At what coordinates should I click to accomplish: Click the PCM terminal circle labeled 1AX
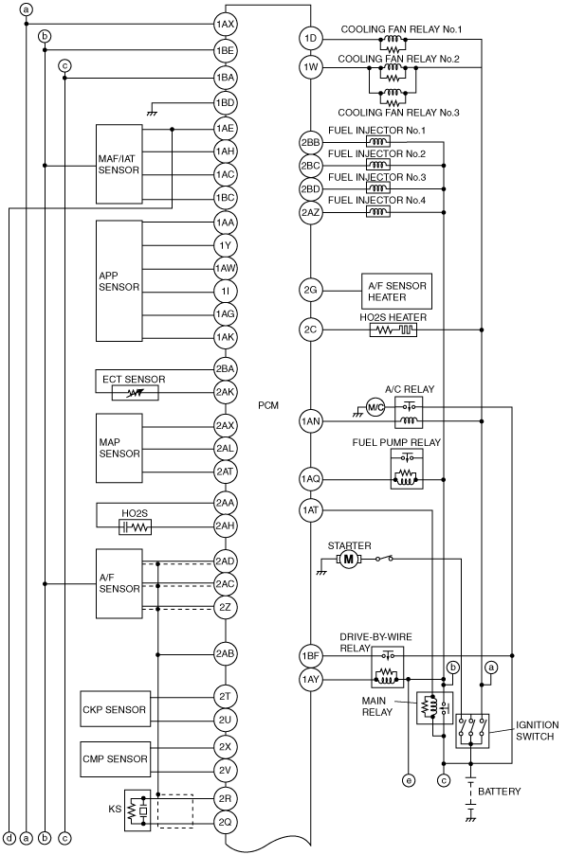pos(225,24)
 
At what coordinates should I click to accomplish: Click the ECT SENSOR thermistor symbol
pos(136,393)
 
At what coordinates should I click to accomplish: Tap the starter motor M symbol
pos(348,559)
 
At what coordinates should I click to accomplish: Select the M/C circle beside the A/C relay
pos(375,407)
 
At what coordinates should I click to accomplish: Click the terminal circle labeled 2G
pos(310,290)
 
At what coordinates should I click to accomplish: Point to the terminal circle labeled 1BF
pos(310,655)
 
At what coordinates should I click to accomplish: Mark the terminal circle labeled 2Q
pos(225,822)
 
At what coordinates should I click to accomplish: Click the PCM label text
pos(268,405)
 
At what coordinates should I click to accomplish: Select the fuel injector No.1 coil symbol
pos(377,142)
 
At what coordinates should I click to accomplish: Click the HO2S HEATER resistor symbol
pos(393,330)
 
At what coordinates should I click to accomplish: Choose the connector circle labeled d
pos(9,838)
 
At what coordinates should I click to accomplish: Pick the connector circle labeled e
pos(408,781)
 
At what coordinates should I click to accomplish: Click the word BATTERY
pos(500,792)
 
